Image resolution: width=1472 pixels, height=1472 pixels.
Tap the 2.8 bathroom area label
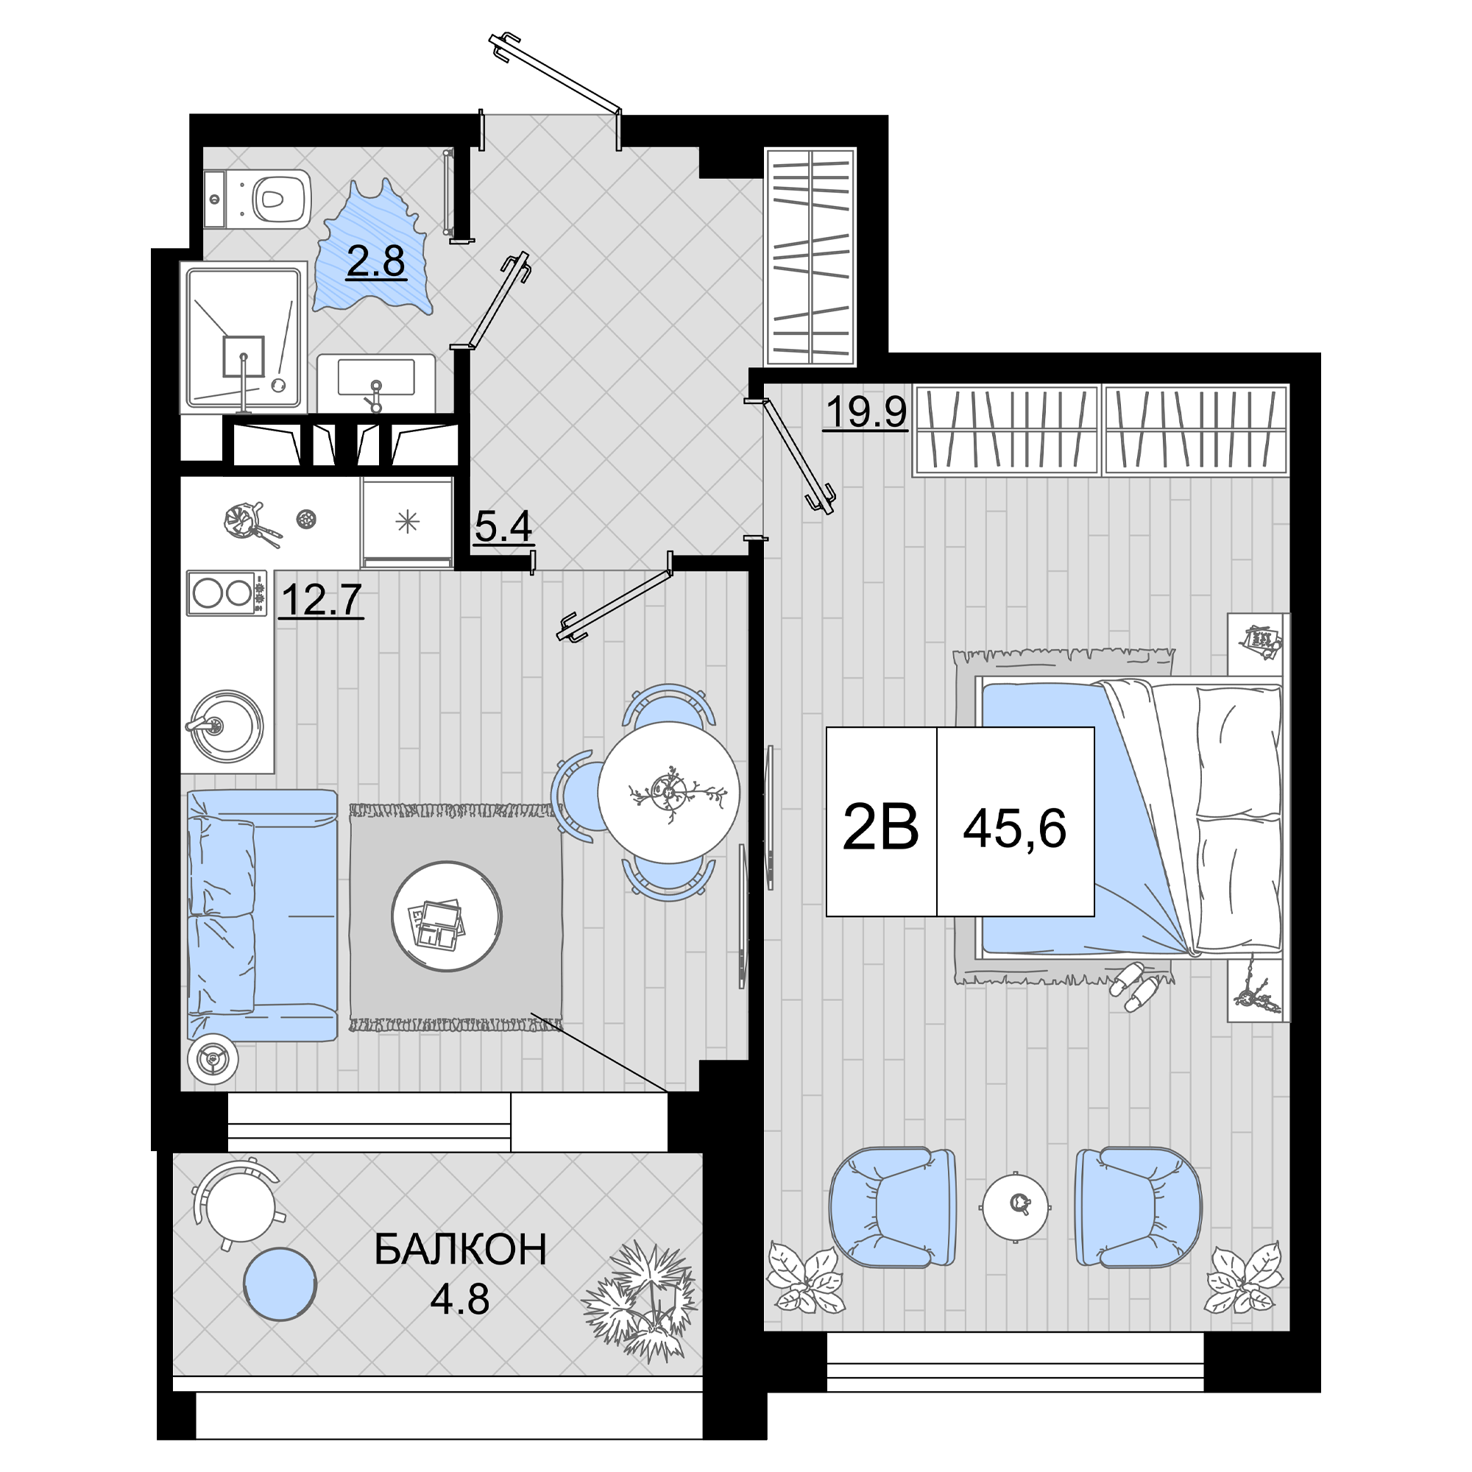[x=375, y=261]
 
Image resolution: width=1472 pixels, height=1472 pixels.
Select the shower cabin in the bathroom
[x=244, y=338]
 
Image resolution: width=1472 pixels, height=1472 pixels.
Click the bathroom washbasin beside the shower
[x=375, y=383]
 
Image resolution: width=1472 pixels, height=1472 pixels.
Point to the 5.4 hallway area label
[x=503, y=526]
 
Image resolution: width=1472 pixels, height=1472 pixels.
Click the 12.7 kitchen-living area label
[x=321, y=599]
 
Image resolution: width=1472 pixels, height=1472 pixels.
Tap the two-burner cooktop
[x=227, y=592]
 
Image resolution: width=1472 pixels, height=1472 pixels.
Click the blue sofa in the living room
[x=262, y=915]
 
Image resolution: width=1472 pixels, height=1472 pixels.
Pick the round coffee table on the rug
[x=447, y=916]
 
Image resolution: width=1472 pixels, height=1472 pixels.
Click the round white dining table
[x=668, y=793]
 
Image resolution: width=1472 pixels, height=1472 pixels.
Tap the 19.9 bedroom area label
[x=866, y=412]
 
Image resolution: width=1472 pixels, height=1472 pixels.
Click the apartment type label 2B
[x=881, y=828]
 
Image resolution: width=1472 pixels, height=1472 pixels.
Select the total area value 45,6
[x=1015, y=829]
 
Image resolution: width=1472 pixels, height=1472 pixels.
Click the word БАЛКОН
[x=460, y=1250]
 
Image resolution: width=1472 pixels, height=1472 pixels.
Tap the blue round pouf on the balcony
[x=280, y=1284]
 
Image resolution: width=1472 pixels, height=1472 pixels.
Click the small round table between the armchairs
[x=1016, y=1206]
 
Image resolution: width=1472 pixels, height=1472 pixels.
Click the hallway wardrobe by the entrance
[x=810, y=256]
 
